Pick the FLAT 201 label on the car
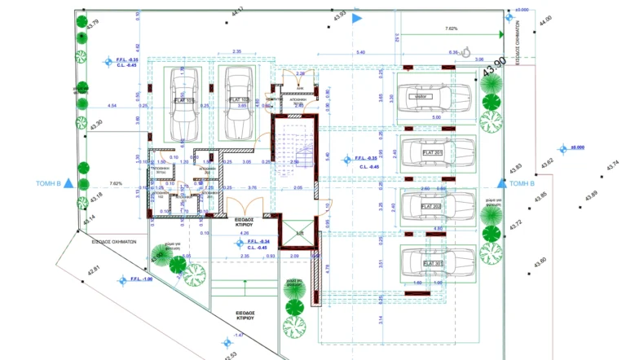coord(432,152)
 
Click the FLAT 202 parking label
coord(431,207)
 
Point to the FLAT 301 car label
coord(432,263)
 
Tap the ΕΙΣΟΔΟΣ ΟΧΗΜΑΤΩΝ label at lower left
coord(113,242)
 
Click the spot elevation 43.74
coord(611,166)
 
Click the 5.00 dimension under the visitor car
coord(435,117)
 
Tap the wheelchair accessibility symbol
coord(466,52)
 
